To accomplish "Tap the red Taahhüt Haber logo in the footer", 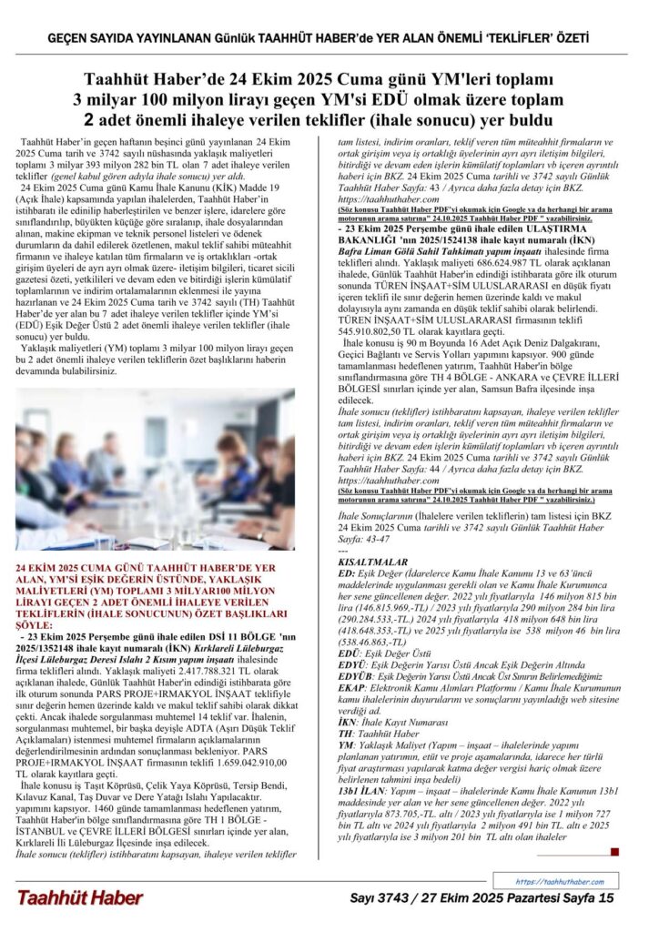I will (x=79, y=897).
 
